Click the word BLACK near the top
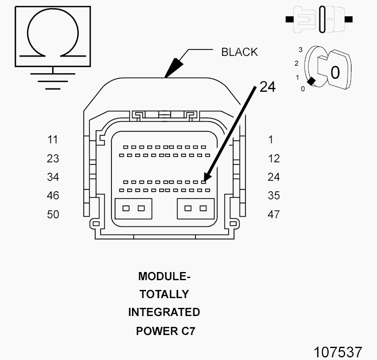[x=240, y=52]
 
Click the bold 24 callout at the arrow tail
[x=268, y=87]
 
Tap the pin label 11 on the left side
[x=53, y=140]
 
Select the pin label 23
[x=53, y=159]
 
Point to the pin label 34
[x=53, y=177]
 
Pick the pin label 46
[x=53, y=195]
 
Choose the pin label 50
[x=53, y=214]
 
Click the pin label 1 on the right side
[x=271, y=140]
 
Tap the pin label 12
[x=274, y=159]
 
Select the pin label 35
[x=274, y=195]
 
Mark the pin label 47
[x=274, y=214]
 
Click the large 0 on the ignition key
[x=335, y=73]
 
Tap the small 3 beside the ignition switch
[x=300, y=50]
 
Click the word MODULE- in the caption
[x=165, y=276]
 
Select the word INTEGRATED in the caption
[x=164, y=312]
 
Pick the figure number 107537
[x=338, y=352]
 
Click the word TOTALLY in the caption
[x=165, y=294]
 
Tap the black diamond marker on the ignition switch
[x=311, y=81]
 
